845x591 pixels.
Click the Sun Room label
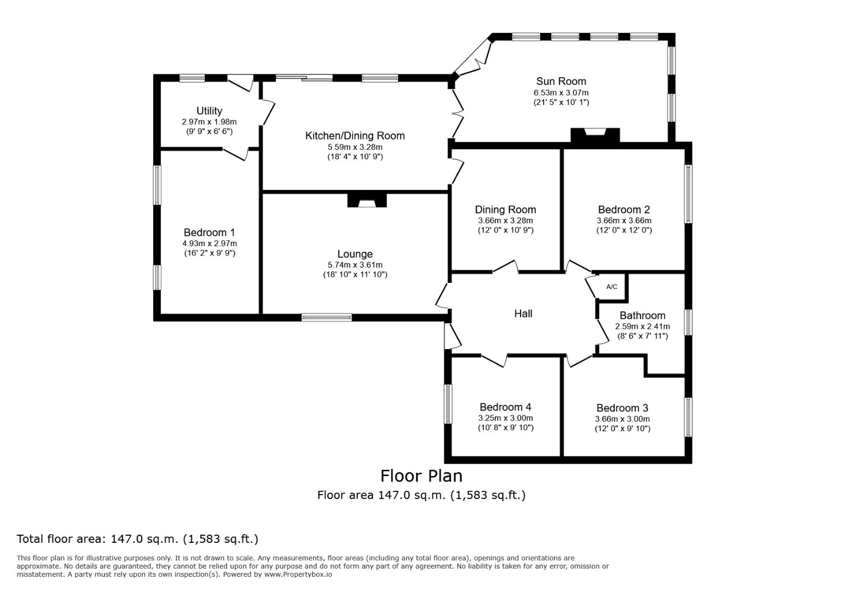coord(561,81)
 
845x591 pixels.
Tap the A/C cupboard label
coord(611,287)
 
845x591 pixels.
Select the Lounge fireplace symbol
coord(367,200)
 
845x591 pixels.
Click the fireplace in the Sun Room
coord(595,135)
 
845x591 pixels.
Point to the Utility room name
coord(209,111)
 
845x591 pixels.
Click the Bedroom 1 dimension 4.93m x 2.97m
coord(210,244)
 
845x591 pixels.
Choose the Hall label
coord(523,314)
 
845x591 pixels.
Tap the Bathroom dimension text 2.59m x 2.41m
coord(643,326)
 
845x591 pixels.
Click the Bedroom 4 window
coord(448,403)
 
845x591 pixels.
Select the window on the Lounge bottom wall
coord(327,317)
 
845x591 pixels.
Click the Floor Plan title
coord(421,476)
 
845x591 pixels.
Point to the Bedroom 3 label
coord(622,408)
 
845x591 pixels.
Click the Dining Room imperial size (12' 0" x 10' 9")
coord(506,230)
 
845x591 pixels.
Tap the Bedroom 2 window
coord(688,194)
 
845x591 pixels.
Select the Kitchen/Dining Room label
coord(355,136)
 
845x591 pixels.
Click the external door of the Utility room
coord(240,83)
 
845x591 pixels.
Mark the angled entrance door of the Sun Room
coord(472,58)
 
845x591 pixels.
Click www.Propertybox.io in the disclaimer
coord(298,575)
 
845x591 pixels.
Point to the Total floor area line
coord(137,539)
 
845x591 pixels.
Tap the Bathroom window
coord(688,322)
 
